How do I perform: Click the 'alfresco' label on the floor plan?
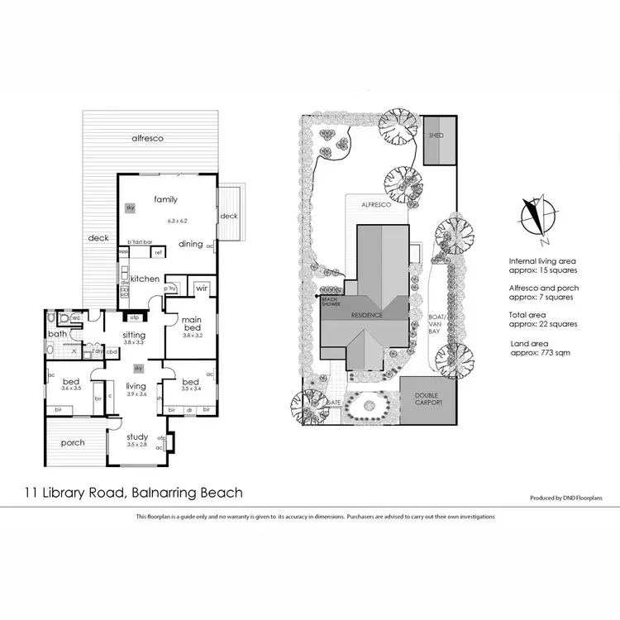coord(148,139)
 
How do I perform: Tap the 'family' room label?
coord(165,199)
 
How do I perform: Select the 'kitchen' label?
coord(145,279)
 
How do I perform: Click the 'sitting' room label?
coord(134,335)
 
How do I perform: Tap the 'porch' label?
coord(73,442)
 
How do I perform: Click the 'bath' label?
coord(56,334)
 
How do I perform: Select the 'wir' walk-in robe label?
coord(202,289)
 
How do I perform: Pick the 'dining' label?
coord(191,244)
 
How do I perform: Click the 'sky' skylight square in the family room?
coord(130,208)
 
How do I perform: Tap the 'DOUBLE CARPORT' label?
coord(428,399)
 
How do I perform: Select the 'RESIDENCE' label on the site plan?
coord(366,315)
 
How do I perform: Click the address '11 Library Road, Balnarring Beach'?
coord(133,493)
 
